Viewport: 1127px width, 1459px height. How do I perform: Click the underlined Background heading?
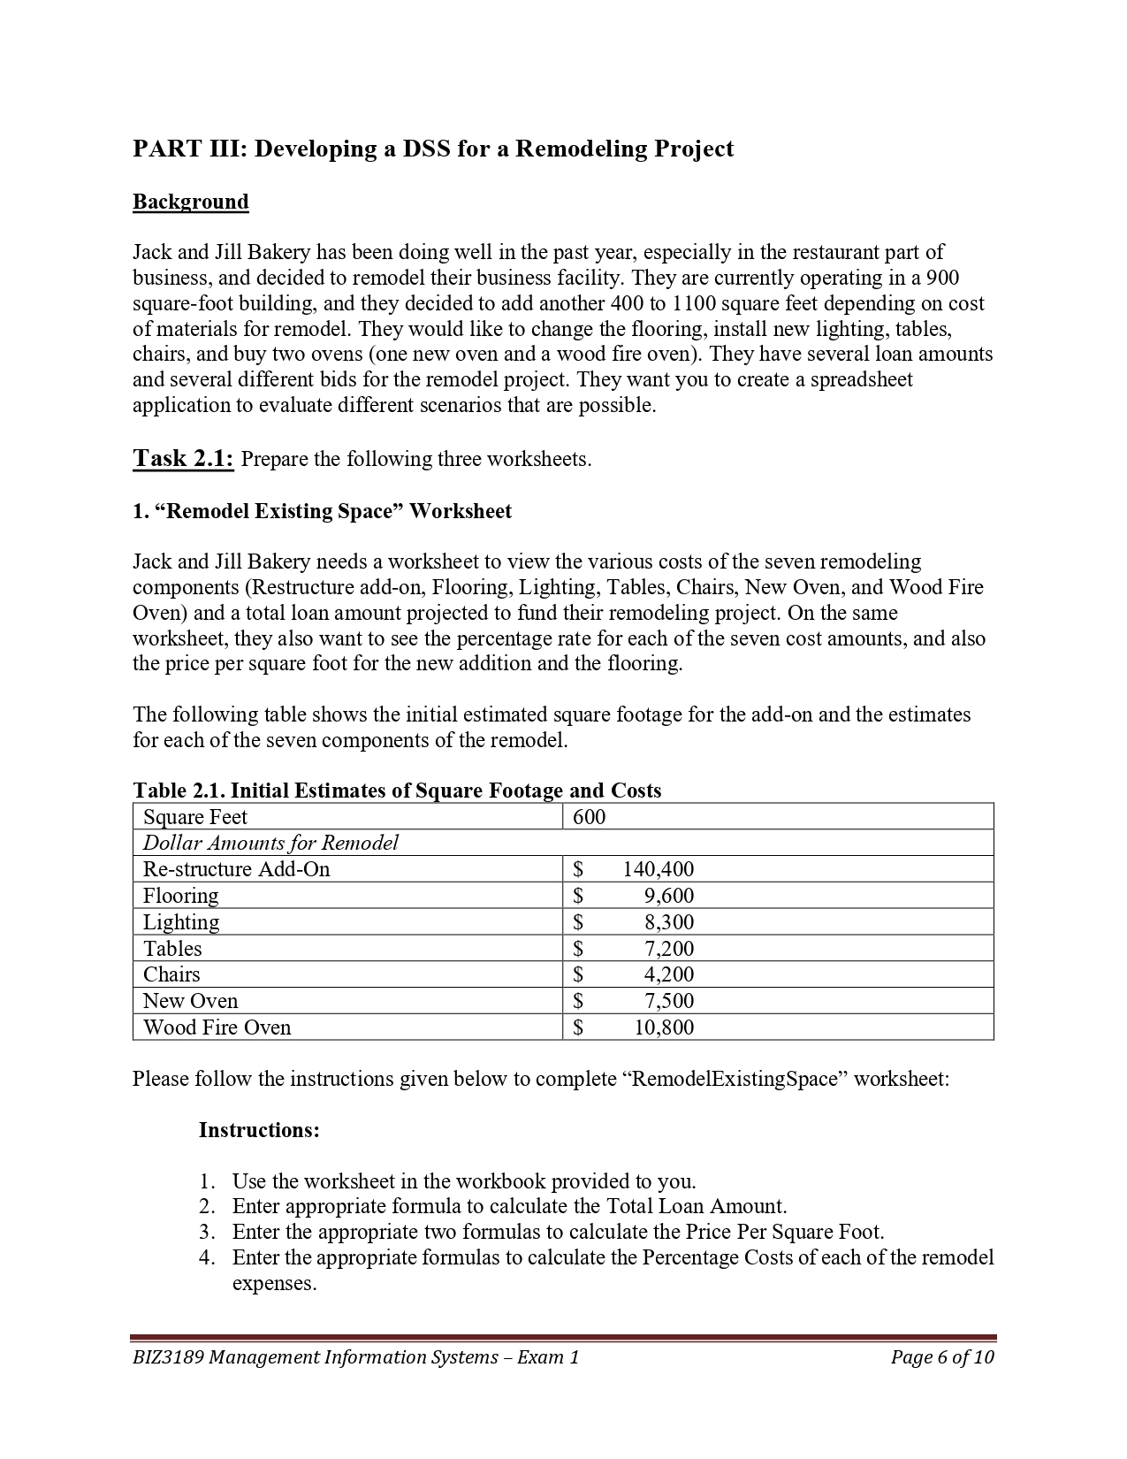pyautogui.click(x=190, y=202)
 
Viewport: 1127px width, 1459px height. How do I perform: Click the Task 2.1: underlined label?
pyautogui.click(x=183, y=458)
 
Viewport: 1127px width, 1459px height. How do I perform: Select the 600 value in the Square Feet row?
pyautogui.click(x=589, y=817)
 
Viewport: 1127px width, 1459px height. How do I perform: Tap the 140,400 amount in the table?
pyautogui.click(x=658, y=869)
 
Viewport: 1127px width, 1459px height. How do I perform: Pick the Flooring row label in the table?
pyautogui.click(x=180, y=896)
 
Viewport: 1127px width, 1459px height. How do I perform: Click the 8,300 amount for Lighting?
pyautogui.click(x=668, y=922)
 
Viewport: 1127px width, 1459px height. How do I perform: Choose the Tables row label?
pyautogui.click(x=172, y=949)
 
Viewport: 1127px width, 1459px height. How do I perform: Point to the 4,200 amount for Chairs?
pyautogui.click(x=668, y=974)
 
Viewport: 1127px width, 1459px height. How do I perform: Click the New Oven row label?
pyautogui.click(x=190, y=1001)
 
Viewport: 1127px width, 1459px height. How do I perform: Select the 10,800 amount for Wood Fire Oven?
pyautogui.click(x=664, y=1027)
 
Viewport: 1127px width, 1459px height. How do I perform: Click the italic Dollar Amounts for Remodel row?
pyautogui.click(x=270, y=843)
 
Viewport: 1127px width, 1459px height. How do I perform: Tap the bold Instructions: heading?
pyautogui.click(x=259, y=1130)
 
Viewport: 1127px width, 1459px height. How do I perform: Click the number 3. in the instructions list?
pyautogui.click(x=207, y=1232)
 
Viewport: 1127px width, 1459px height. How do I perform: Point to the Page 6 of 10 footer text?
pyautogui.click(x=942, y=1357)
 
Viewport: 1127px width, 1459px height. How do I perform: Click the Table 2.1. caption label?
pyautogui.click(x=179, y=791)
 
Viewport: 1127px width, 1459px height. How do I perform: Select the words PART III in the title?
pyautogui.click(x=189, y=149)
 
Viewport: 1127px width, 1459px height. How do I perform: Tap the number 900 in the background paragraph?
pyautogui.click(x=942, y=278)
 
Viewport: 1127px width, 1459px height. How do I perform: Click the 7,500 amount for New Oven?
pyautogui.click(x=668, y=1001)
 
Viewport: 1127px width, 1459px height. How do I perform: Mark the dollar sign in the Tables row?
pyautogui.click(x=578, y=949)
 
